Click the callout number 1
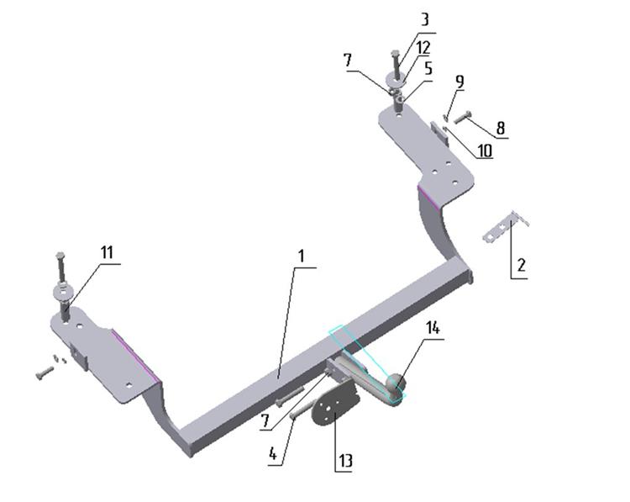(x=302, y=256)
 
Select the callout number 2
(x=521, y=266)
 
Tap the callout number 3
(x=424, y=19)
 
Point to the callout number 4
(x=273, y=454)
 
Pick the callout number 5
(x=428, y=68)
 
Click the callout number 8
(x=501, y=128)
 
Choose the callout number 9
(x=459, y=81)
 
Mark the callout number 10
(x=485, y=151)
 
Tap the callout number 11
(x=107, y=252)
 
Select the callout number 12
(x=423, y=47)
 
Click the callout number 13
(x=345, y=460)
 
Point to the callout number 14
(x=433, y=328)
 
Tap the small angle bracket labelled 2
(x=505, y=228)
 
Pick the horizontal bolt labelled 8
(x=462, y=118)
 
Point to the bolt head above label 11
(x=60, y=255)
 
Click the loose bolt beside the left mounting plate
(x=45, y=373)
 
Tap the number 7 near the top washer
(x=348, y=61)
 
